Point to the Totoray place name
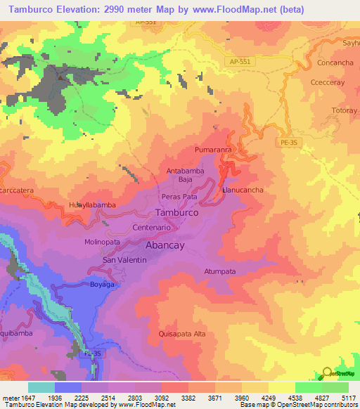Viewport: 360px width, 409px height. [x=344, y=111]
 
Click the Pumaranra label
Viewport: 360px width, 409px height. [x=213, y=150]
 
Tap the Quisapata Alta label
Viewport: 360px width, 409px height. [x=182, y=334]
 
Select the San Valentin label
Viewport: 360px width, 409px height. [x=124, y=260]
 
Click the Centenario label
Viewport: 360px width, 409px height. [x=151, y=228]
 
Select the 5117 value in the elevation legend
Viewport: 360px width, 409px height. [x=349, y=397]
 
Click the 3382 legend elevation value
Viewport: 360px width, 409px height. [x=188, y=397]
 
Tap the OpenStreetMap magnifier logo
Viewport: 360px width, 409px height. [x=326, y=375]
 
